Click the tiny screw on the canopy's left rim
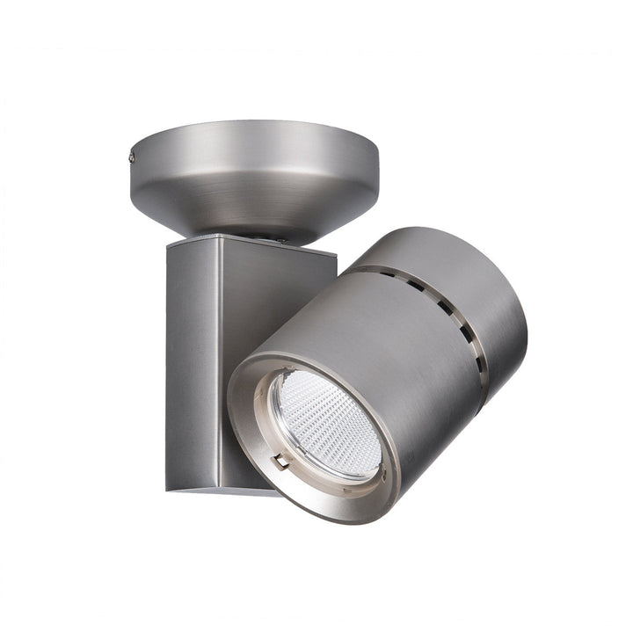point(131,158)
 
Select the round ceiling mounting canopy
point(255,176)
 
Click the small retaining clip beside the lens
point(280,460)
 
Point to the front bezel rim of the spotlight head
point(255,457)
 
